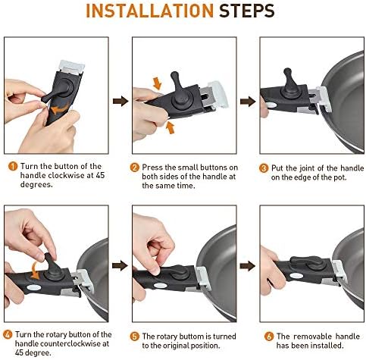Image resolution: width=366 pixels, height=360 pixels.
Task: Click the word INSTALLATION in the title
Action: (150, 11)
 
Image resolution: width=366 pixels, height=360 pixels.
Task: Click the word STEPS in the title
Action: (246, 11)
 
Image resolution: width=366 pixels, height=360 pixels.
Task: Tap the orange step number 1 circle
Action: (13, 166)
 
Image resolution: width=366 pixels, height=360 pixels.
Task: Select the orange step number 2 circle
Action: (135, 167)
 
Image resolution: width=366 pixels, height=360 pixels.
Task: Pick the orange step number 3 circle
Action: (264, 168)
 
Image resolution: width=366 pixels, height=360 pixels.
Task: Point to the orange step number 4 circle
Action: (8, 334)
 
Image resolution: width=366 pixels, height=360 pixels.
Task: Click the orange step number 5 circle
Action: (135, 337)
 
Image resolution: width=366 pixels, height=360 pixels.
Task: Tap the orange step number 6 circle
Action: (269, 337)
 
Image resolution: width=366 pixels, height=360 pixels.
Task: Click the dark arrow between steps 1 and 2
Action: (120, 101)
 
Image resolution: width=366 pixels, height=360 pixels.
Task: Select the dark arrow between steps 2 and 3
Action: (248, 102)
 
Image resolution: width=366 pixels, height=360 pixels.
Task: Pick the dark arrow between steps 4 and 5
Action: (120, 266)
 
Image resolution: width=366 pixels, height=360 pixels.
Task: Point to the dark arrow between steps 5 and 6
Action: (248, 266)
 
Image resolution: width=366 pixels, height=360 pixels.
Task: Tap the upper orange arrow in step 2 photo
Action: (157, 83)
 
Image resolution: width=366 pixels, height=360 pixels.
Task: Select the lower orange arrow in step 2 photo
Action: (170, 127)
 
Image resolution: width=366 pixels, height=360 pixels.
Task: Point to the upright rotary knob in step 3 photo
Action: (289, 81)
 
